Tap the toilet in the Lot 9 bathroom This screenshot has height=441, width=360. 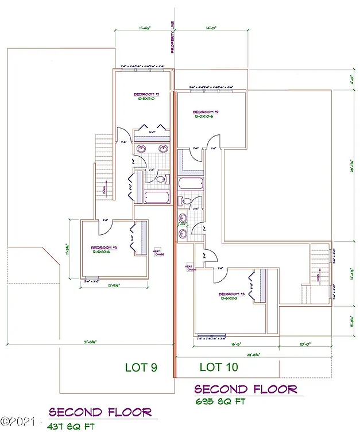pyautogui.click(x=161, y=180)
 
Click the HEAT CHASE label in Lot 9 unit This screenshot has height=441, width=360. pyautogui.click(x=156, y=253)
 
